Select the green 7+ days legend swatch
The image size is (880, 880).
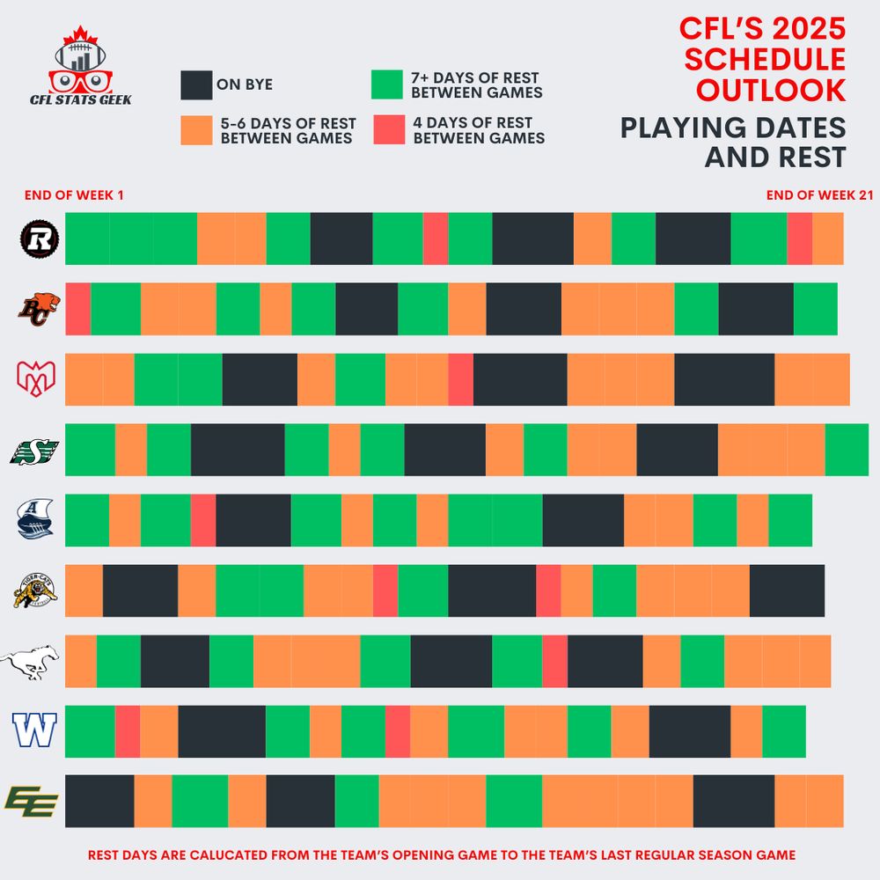point(386,85)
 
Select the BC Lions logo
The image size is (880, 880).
point(37,308)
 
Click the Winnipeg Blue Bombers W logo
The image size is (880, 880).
point(34,730)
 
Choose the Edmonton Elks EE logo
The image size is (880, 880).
point(32,801)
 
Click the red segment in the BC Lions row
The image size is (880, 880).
point(77,308)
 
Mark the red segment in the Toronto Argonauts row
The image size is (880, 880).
point(203,519)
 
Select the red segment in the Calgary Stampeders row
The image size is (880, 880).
point(554,660)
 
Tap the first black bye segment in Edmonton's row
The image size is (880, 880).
point(99,801)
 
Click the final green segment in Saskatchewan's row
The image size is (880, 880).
point(847,449)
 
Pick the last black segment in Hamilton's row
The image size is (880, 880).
point(787,590)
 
